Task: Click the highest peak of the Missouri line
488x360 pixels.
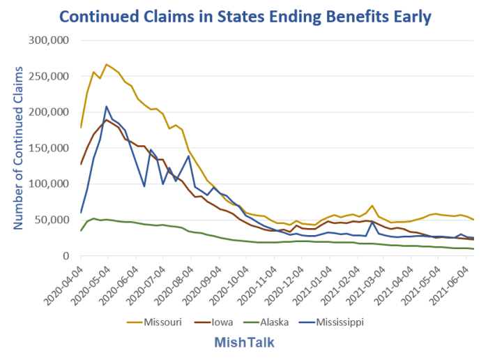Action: click(x=107, y=64)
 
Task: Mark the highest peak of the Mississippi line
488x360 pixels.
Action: click(x=107, y=107)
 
